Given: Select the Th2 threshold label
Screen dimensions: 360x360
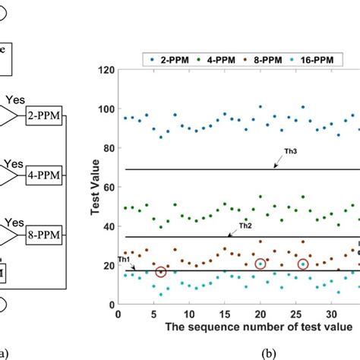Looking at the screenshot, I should (245, 226).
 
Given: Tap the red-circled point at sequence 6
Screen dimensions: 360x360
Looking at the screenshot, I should (160, 272).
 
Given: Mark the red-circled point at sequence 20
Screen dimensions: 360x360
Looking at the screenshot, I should (261, 264).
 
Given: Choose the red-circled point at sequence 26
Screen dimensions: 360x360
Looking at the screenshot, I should (303, 264).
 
